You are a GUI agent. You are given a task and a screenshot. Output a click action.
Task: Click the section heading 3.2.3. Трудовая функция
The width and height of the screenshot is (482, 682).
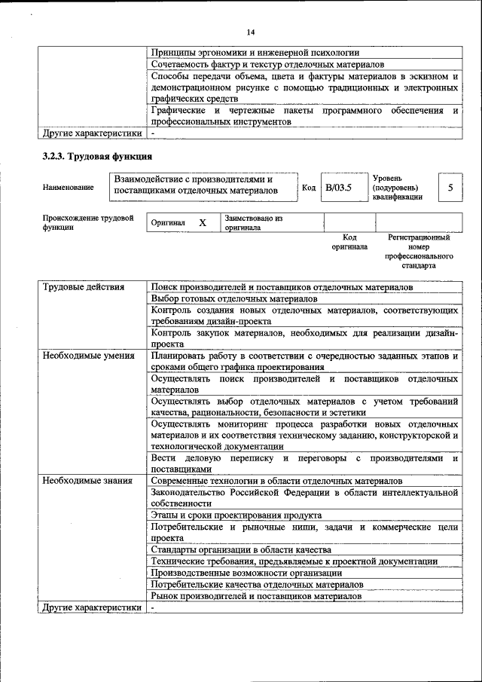(97, 157)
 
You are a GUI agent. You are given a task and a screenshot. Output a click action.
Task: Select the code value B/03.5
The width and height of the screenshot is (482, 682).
(338, 187)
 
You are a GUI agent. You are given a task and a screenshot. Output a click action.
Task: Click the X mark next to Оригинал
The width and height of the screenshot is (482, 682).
(202, 223)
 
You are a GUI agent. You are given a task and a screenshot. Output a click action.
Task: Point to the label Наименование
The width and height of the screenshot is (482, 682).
(69, 187)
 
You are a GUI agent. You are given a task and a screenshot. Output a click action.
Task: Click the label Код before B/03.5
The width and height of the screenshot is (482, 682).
(308, 187)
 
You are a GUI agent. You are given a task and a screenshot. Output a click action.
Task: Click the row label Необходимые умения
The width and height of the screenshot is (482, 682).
(88, 356)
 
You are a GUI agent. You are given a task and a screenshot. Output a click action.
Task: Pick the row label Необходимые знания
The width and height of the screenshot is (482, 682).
(87, 480)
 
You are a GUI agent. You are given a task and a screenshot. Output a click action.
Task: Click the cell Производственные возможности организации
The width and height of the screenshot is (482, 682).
(246, 573)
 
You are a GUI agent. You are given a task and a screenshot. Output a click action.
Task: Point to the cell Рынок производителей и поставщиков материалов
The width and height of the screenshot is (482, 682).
(256, 595)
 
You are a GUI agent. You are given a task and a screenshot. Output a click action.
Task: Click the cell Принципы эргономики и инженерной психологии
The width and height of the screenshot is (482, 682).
(255, 53)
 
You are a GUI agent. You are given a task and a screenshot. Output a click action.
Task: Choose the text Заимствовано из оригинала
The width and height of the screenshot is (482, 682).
(253, 222)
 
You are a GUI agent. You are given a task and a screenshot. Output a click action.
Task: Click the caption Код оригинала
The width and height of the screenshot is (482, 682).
(349, 241)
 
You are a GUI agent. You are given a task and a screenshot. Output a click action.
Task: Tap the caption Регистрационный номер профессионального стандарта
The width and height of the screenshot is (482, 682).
(419, 252)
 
